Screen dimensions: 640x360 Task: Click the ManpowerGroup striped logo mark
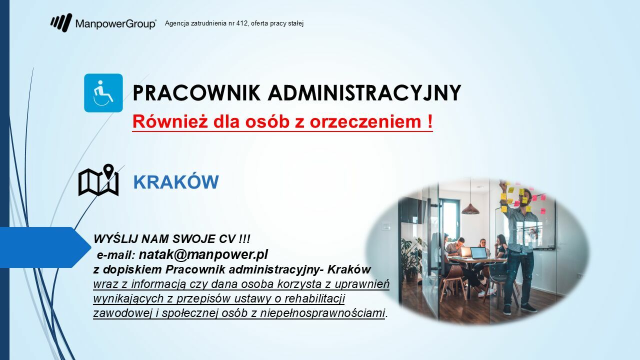61,22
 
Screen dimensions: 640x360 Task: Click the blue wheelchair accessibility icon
103,93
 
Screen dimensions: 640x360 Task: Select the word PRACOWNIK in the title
197,92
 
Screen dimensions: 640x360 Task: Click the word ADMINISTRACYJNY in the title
364,92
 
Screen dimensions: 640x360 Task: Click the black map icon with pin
98,180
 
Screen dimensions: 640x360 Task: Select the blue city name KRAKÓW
176,181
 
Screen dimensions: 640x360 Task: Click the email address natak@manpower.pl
203,254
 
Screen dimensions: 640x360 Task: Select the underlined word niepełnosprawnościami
322,313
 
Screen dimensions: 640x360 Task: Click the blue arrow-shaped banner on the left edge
45,247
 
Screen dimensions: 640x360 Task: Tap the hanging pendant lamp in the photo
470,209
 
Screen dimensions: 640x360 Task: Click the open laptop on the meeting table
478,253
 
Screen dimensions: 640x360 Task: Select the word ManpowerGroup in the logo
115,23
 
